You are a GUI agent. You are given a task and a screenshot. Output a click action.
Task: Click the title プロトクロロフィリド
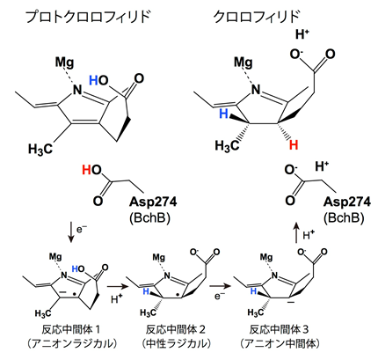[88, 17]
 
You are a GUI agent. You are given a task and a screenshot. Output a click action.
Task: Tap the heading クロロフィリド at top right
[257, 17]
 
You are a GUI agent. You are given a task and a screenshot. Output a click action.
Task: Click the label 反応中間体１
[71, 329]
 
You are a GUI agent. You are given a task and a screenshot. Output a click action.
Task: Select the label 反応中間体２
[176, 329]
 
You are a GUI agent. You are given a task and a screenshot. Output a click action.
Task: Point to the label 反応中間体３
[280, 329]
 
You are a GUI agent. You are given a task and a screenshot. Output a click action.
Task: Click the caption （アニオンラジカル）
[71, 343]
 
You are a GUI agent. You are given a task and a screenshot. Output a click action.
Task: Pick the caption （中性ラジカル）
[176, 343]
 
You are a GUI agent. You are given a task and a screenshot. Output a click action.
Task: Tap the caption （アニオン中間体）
[280, 343]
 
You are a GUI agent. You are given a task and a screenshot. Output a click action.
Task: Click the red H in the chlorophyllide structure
[294, 145]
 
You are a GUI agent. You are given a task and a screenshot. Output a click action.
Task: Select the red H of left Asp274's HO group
[87, 170]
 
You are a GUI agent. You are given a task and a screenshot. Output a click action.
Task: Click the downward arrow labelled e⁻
[70, 232]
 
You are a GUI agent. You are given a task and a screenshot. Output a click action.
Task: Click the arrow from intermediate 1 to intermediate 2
[118, 286]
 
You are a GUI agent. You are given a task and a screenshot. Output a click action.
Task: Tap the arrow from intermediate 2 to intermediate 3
[220, 286]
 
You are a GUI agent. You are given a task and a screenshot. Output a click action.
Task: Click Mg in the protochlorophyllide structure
[65, 62]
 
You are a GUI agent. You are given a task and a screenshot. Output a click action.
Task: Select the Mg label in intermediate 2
[159, 258]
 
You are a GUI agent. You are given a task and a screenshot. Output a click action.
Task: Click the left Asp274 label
[153, 202]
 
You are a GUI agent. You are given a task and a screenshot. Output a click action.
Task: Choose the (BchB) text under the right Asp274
[344, 218]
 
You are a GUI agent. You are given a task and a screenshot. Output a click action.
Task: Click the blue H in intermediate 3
[254, 291]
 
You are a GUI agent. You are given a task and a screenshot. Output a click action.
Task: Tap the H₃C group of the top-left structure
[40, 149]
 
